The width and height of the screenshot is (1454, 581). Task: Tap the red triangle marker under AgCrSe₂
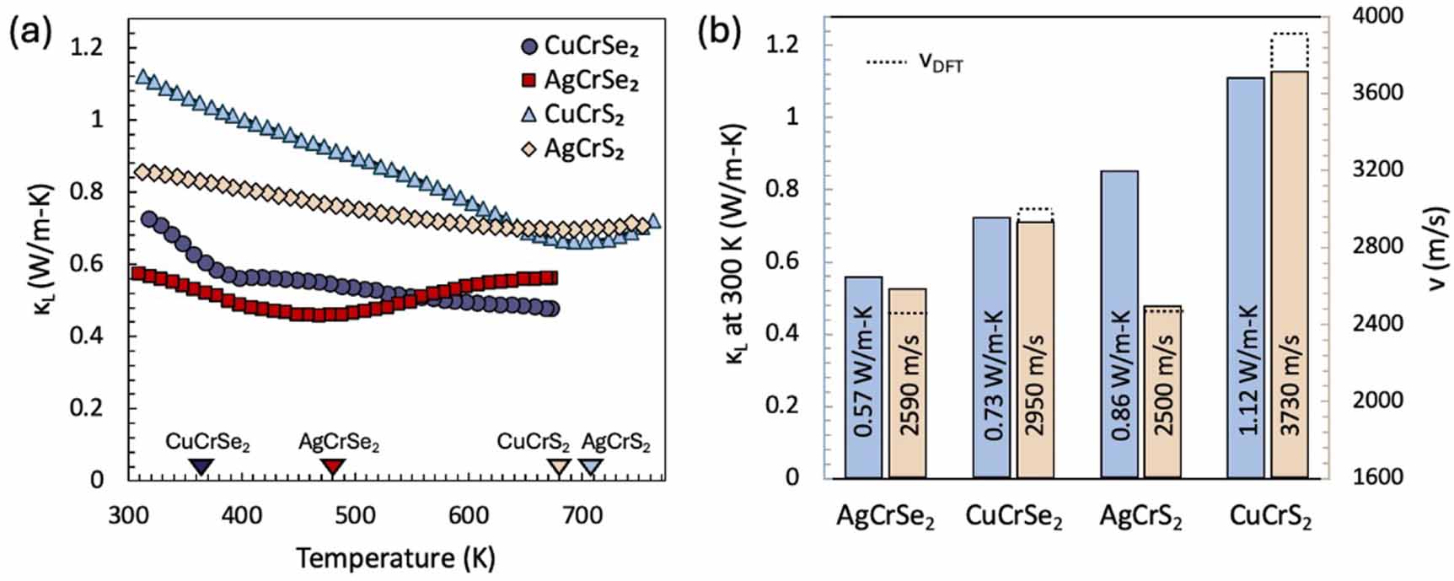click(334, 466)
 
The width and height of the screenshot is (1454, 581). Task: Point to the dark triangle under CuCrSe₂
click(201, 466)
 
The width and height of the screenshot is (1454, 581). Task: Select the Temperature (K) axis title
click(395, 557)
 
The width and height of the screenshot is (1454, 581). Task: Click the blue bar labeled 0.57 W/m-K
click(863, 378)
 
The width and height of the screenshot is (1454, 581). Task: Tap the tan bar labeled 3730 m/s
click(1290, 275)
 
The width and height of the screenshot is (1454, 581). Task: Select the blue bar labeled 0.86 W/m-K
click(1119, 325)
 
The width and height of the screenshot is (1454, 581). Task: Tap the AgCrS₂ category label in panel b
click(1140, 516)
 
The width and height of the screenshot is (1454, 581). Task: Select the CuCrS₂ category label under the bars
click(1270, 516)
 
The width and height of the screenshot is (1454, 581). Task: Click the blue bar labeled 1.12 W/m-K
click(1246, 278)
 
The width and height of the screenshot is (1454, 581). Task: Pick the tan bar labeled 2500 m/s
click(1162, 392)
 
